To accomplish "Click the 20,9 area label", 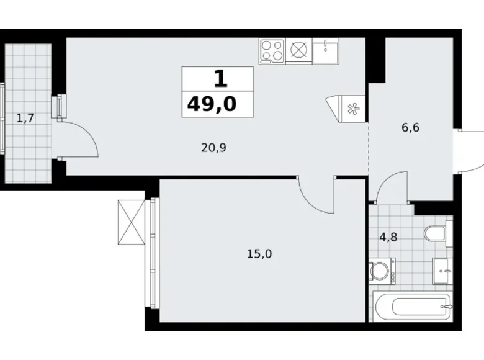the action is coord(213,148).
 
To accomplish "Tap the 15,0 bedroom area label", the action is coord(259,254).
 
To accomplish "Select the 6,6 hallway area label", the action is coord(411,127).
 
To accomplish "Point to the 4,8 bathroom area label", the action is coord(388,237).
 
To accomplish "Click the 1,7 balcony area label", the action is coord(25,118).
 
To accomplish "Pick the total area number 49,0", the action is coord(212,104).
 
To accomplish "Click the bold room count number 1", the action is coord(220,79).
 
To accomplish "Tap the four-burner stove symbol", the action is coord(272,51).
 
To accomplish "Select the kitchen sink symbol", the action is coord(326,52).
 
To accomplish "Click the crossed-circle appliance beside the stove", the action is coord(298,50).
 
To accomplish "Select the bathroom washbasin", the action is coord(442,271).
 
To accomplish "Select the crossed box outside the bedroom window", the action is coord(131,222).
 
